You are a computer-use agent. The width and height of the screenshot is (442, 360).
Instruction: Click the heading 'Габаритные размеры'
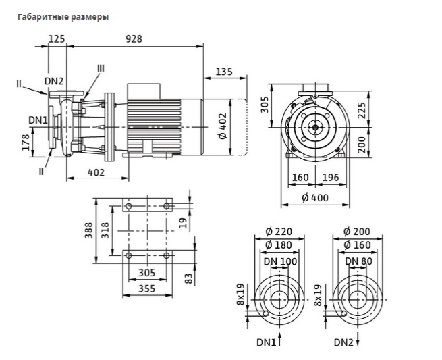point(63,17)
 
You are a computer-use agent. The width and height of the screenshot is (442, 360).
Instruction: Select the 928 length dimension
point(134,38)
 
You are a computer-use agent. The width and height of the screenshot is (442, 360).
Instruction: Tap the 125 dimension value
point(57,38)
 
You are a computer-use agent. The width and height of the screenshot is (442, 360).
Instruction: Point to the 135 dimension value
point(224,72)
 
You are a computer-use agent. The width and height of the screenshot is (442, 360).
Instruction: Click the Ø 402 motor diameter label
point(223,126)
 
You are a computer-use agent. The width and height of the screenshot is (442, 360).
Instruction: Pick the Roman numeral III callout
point(101,68)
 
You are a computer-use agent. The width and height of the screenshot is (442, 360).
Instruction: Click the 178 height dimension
point(26,143)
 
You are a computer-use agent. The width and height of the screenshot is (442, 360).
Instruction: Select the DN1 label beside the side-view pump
point(38,120)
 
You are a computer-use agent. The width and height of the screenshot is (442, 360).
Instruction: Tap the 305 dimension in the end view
point(265,105)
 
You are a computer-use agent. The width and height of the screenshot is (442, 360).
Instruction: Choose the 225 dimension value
point(362,110)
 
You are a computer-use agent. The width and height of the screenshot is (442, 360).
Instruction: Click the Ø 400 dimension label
point(315,198)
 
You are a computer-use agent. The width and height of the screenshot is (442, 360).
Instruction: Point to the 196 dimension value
point(331,178)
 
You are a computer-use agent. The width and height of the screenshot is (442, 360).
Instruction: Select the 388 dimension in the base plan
point(89,230)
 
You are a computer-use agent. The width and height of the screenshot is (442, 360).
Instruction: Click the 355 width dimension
point(147,288)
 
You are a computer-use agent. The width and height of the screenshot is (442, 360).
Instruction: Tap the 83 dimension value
point(190,278)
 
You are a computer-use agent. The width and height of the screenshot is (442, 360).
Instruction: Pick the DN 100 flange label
point(280,261)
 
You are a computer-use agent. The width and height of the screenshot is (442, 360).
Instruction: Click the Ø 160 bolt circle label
point(357,245)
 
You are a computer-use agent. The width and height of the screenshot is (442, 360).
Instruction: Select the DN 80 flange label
point(358,261)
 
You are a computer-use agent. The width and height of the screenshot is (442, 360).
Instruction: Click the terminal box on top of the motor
point(144,91)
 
